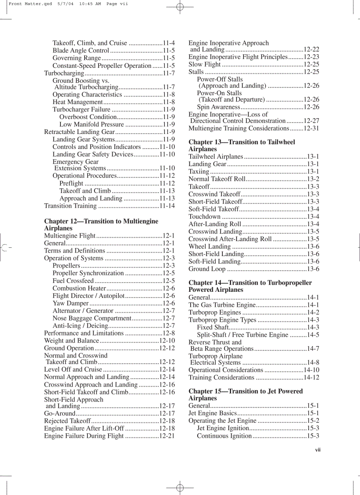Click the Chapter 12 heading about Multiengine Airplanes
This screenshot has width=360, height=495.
click(x=101, y=225)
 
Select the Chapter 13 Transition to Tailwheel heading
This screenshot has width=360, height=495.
click(x=242, y=145)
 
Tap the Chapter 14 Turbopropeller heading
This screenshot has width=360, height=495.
click(x=250, y=286)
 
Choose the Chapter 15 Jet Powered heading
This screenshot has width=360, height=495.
click(x=245, y=395)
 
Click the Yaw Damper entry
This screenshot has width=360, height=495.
click(x=71, y=303)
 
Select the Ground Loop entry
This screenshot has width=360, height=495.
click(x=207, y=269)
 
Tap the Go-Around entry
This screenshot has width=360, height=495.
click(x=60, y=413)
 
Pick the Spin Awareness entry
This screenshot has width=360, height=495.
click(x=218, y=107)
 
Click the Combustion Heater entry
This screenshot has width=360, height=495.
click(x=79, y=288)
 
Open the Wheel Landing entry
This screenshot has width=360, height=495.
click(x=210, y=246)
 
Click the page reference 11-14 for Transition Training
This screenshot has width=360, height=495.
click(x=167, y=206)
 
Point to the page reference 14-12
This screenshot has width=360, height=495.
click(x=311, y=377)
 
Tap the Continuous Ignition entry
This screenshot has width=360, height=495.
click(x=224, y=436)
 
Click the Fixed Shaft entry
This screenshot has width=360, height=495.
click(x=213, y=327)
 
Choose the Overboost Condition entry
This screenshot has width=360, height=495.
click(x=88, y=117)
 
